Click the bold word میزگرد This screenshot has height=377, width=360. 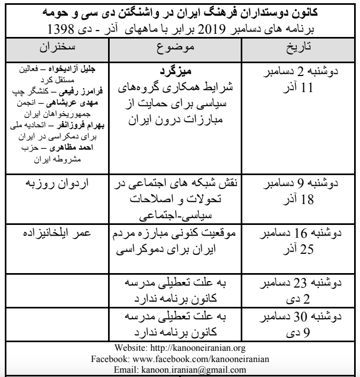[175, 72]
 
